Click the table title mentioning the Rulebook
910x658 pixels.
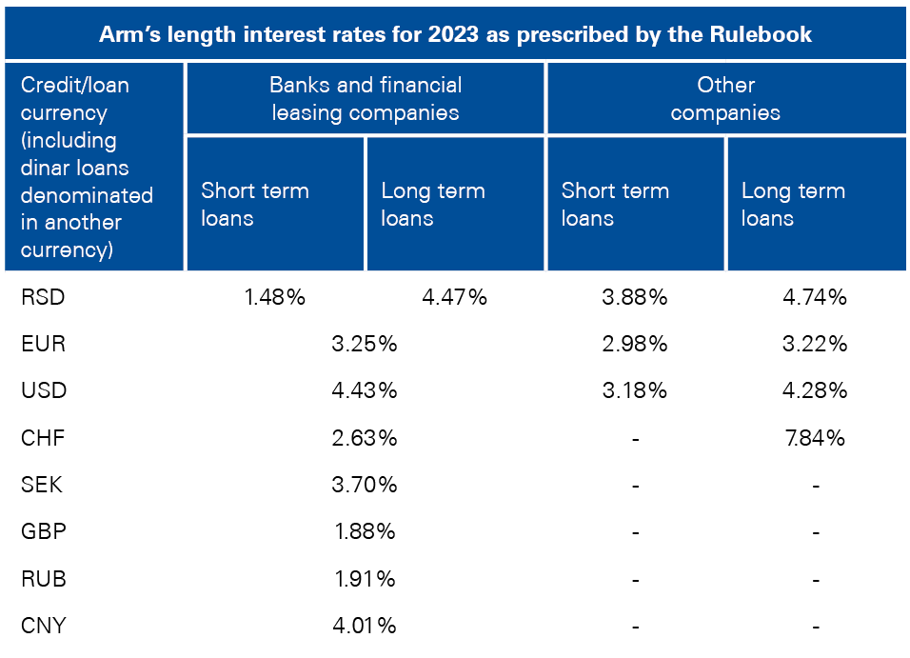click(x=455, y=34)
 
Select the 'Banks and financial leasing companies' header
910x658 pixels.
click(x=365, y=98)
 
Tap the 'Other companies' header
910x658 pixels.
click(x=725, y=98)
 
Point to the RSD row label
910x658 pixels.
click(x=43, y=297)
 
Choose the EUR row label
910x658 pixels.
click(x=43, y=344)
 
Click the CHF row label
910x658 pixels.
click(x=43, y=438)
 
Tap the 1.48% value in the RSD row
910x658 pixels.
click(x=274, y=297)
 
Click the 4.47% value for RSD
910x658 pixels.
click(x=454, y=297)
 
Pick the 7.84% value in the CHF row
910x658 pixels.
click(x=814, y=438)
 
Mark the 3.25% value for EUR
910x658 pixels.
click(x=365, y=344)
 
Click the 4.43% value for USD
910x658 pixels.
click(x=365, y=390)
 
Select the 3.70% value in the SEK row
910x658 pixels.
click(x=365, y=485)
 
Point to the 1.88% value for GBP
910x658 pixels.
click(x=365, y=531)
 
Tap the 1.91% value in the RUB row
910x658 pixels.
click(x=365, y=578)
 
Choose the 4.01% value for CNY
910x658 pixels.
click(x=365, y=626)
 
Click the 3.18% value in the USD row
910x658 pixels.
click(x=635, y=390)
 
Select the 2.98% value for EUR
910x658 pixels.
click(x=635, y=344)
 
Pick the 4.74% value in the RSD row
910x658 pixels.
click(x=814, y=297)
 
